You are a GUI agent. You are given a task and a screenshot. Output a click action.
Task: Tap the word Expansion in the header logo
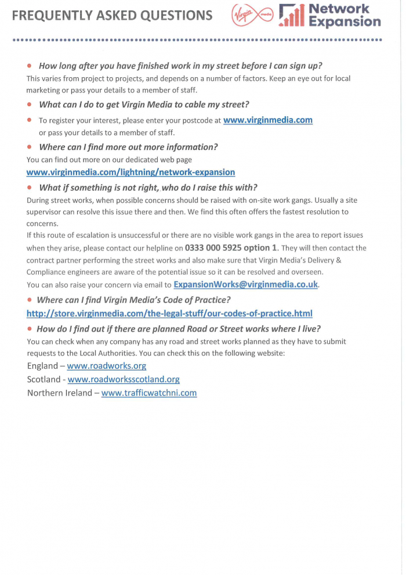[x=345, y=22]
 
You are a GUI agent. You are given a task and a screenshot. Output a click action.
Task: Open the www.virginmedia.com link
[x=267, y=120]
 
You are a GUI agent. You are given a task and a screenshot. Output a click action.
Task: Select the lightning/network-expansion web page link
[x=130, y=172]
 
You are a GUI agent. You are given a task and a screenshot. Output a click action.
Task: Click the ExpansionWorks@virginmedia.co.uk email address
[x=246, y=285]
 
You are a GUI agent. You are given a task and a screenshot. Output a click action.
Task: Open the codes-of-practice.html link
[x=169, y=314]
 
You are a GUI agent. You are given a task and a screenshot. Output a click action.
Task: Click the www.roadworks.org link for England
[x=106, y=366]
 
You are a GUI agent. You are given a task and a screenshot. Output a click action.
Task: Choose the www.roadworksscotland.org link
[x=124, y=379]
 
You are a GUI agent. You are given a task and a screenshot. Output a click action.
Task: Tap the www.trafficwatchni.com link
[x=148, y=393]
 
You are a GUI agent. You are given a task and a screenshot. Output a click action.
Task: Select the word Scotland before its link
[x=43, y=379]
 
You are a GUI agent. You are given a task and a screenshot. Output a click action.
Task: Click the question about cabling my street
[x=144, y=105]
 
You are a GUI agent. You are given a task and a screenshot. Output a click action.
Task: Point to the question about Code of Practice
[x=133, y=300]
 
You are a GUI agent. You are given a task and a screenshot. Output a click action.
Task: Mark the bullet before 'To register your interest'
[x=29, y=121]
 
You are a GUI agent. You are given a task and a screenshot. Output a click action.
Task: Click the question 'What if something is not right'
[x=148, y=187]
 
